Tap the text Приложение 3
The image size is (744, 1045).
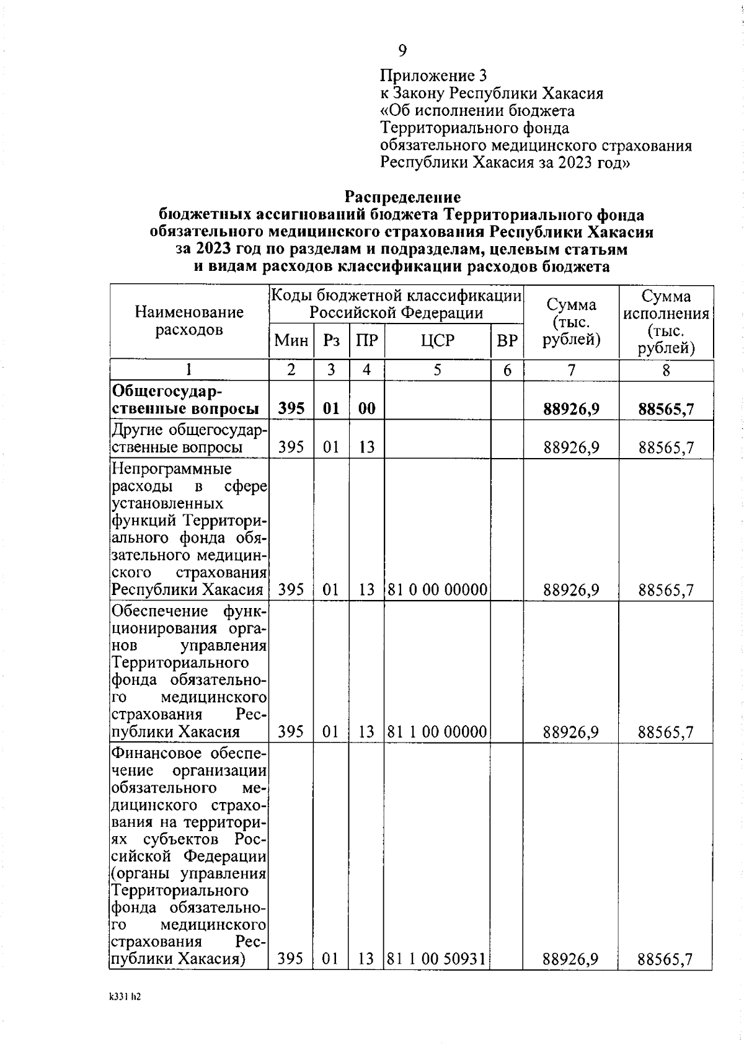(x=433, y=76)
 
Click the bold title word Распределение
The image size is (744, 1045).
(x=402, y=197)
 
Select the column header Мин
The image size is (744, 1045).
(x=291, y=340)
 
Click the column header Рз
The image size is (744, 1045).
(x=332, y=340)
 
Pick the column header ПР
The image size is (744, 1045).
(x=367, y=340)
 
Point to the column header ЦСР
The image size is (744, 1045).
(x=437, y=340)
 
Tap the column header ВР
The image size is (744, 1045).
(x=507, y=340)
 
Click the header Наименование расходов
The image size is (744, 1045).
(x=189, y=320)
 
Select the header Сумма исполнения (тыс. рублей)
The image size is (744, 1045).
(x=666, y=322)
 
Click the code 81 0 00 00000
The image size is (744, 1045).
(x=437, y=589)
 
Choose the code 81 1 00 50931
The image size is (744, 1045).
(x=437, y=959)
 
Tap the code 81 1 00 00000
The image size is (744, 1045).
(x=437, y=732)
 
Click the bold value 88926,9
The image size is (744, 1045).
(x=571, y=409)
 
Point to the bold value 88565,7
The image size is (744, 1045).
(x=666, y=409)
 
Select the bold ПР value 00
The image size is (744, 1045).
(x=367, y=409)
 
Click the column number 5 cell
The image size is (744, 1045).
(x=437, y=370)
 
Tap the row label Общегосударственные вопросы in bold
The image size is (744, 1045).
(x=185, y=400)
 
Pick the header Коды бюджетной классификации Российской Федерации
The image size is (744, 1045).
(x=396, y=304)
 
